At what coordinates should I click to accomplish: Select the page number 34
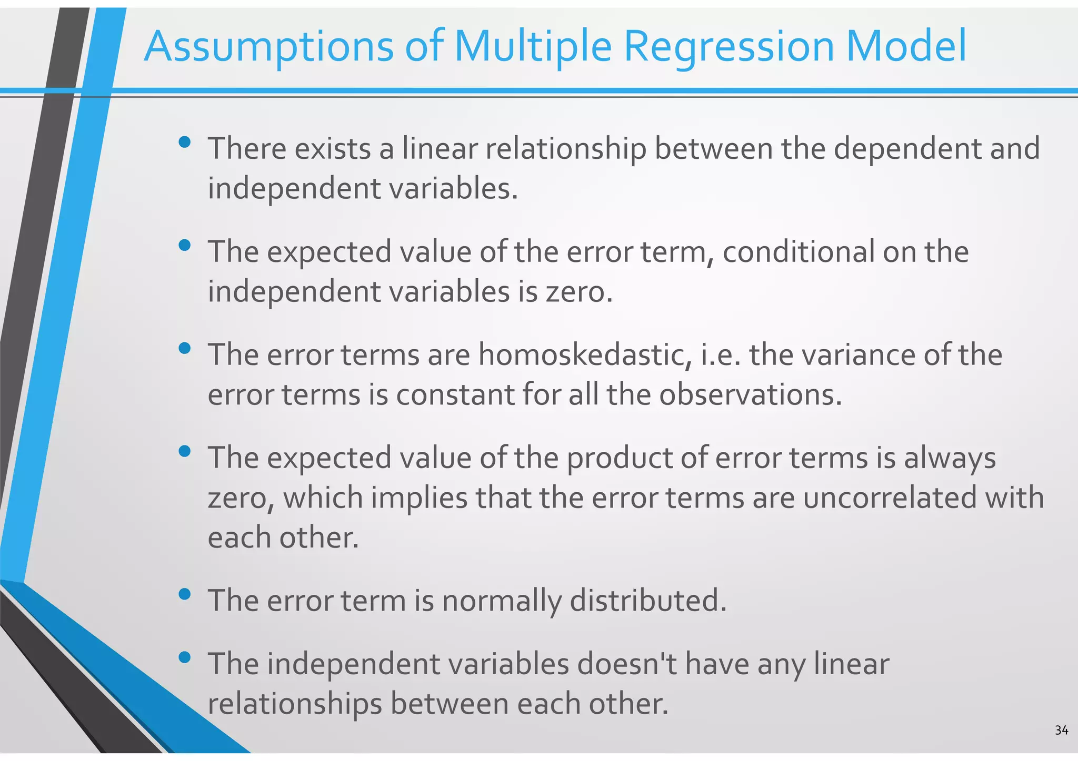[x=1061, y=730]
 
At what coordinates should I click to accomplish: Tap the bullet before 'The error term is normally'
[x=184, y=594]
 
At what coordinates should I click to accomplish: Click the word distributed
[x=647, y=601]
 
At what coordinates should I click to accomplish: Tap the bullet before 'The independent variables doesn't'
[x=184, y=657]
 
